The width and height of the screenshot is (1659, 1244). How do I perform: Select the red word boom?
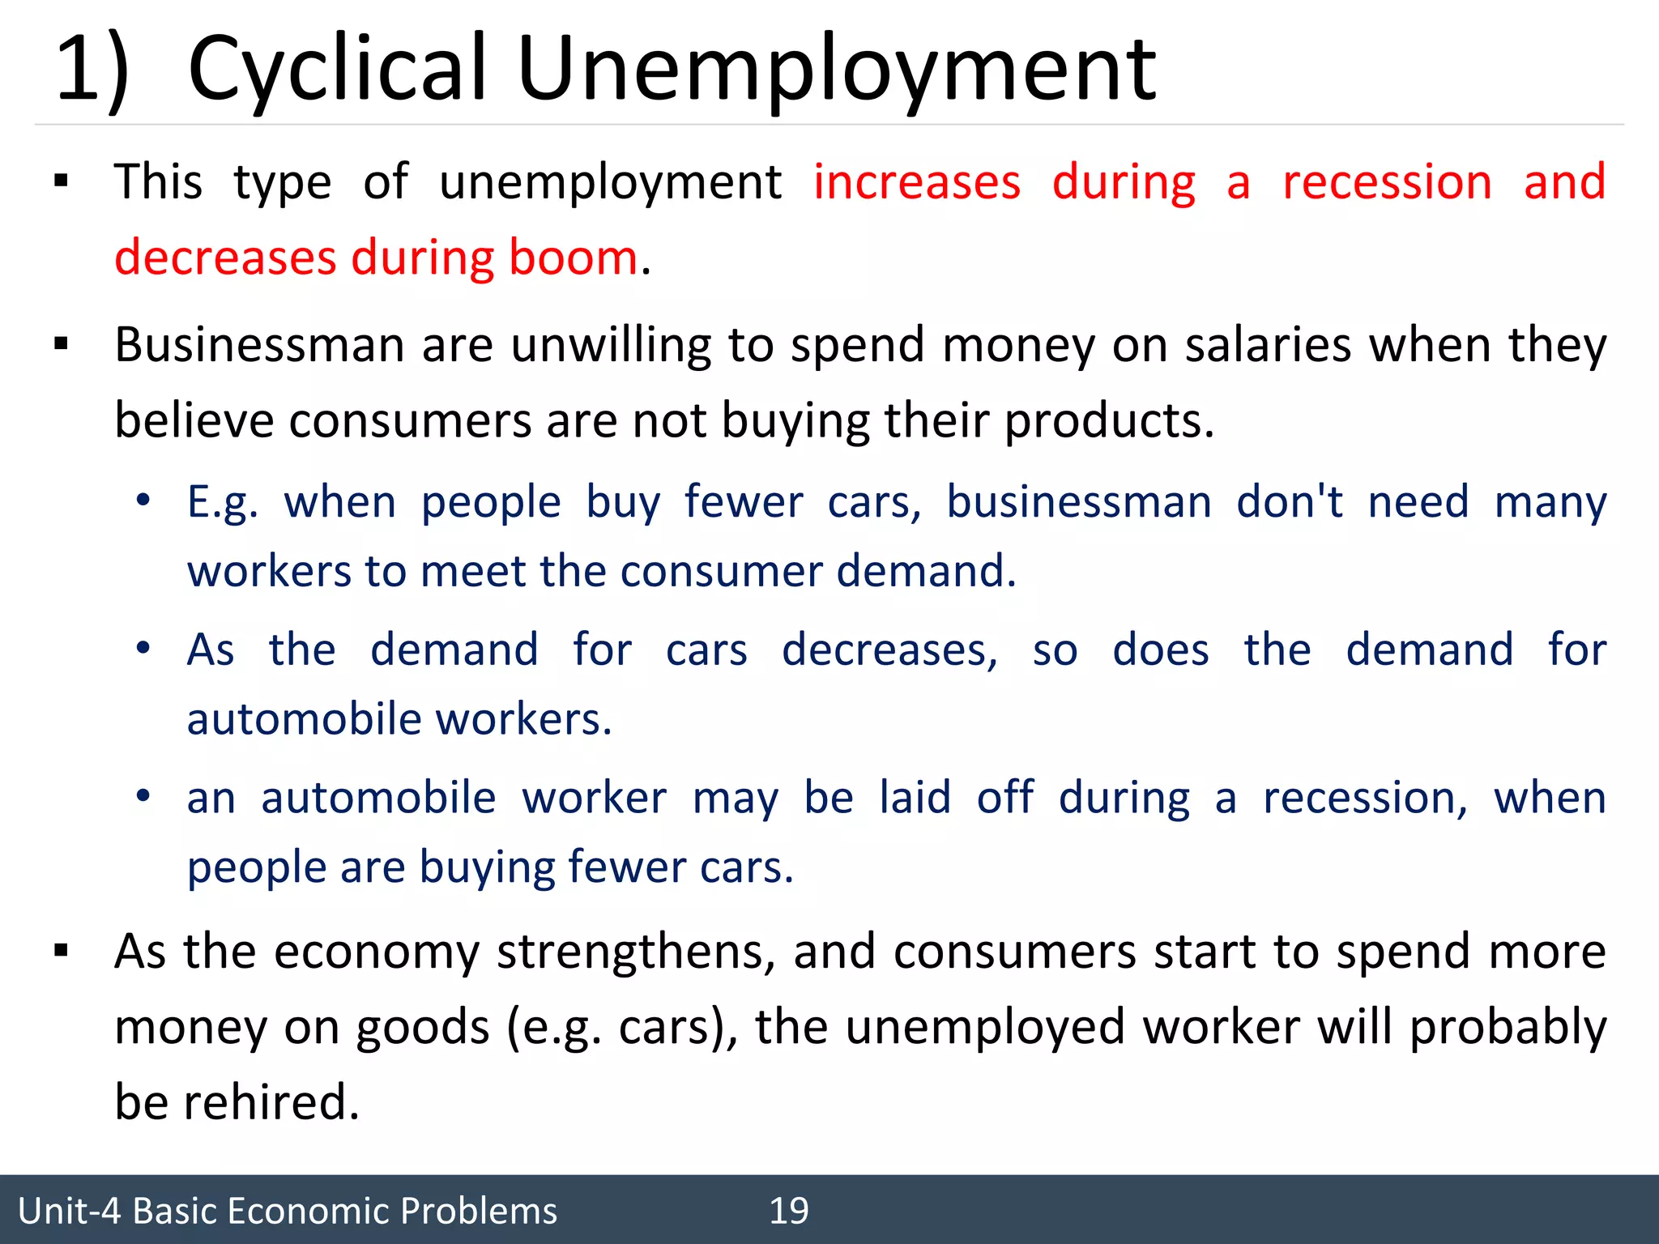pos(574,258)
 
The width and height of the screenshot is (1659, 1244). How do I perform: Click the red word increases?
pos(917,181)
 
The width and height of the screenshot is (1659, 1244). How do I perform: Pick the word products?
pos(1109,421)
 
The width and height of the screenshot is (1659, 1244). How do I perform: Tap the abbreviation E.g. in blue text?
pos(223,502)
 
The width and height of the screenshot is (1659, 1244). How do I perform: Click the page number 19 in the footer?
pos(788,1211)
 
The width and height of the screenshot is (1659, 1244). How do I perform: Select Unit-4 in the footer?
pos(69,1211)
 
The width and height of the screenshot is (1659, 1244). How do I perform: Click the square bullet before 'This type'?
pos(61,181)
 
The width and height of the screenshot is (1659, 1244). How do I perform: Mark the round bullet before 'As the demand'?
pos(143,649)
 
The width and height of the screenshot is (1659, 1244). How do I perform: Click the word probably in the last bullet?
pos(1508,1027)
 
